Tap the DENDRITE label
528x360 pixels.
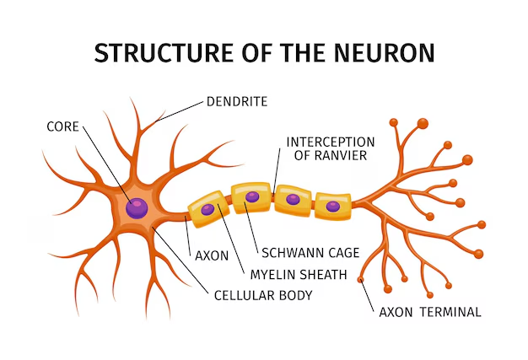pos(237,102)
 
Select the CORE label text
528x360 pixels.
pos(64,126)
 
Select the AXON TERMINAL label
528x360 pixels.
pos(430,312)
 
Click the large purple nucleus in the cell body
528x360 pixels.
pos(136,207)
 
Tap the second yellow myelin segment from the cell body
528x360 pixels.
pos(251,199)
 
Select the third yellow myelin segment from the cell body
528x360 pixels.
pos(293,201)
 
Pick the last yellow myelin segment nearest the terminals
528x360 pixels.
pos(332,206)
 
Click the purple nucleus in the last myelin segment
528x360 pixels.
pos(333,206)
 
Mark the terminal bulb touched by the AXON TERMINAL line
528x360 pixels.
pos(362,279)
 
